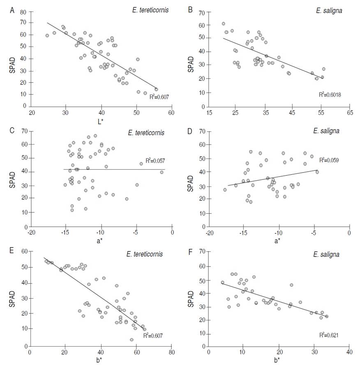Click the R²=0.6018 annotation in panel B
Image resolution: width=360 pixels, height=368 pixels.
click(330, 94)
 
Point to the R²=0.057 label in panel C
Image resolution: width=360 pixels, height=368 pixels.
click(155, 161)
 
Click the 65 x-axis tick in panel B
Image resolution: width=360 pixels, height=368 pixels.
click(349, 113)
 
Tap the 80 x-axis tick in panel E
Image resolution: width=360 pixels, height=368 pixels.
click(172, 352)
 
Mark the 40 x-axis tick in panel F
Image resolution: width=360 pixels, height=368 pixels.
click(349, 352)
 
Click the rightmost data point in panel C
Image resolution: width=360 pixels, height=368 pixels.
click(162, 172)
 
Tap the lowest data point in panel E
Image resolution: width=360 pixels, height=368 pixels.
click(132, 340)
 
